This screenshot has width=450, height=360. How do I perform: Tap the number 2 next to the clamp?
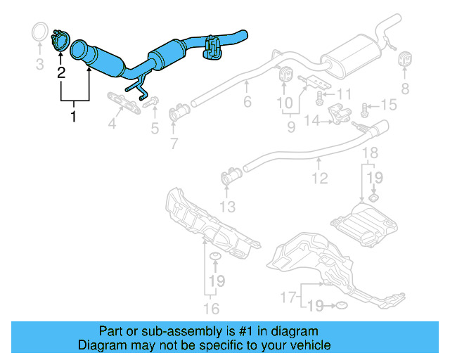61,72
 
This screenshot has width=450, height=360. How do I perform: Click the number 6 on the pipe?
247,103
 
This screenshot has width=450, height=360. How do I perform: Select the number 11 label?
343,94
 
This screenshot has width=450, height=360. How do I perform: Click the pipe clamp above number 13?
229,176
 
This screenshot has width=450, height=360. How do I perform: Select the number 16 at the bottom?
212,308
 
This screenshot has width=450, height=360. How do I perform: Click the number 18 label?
370,153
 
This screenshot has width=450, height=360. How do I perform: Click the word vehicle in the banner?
307,346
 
